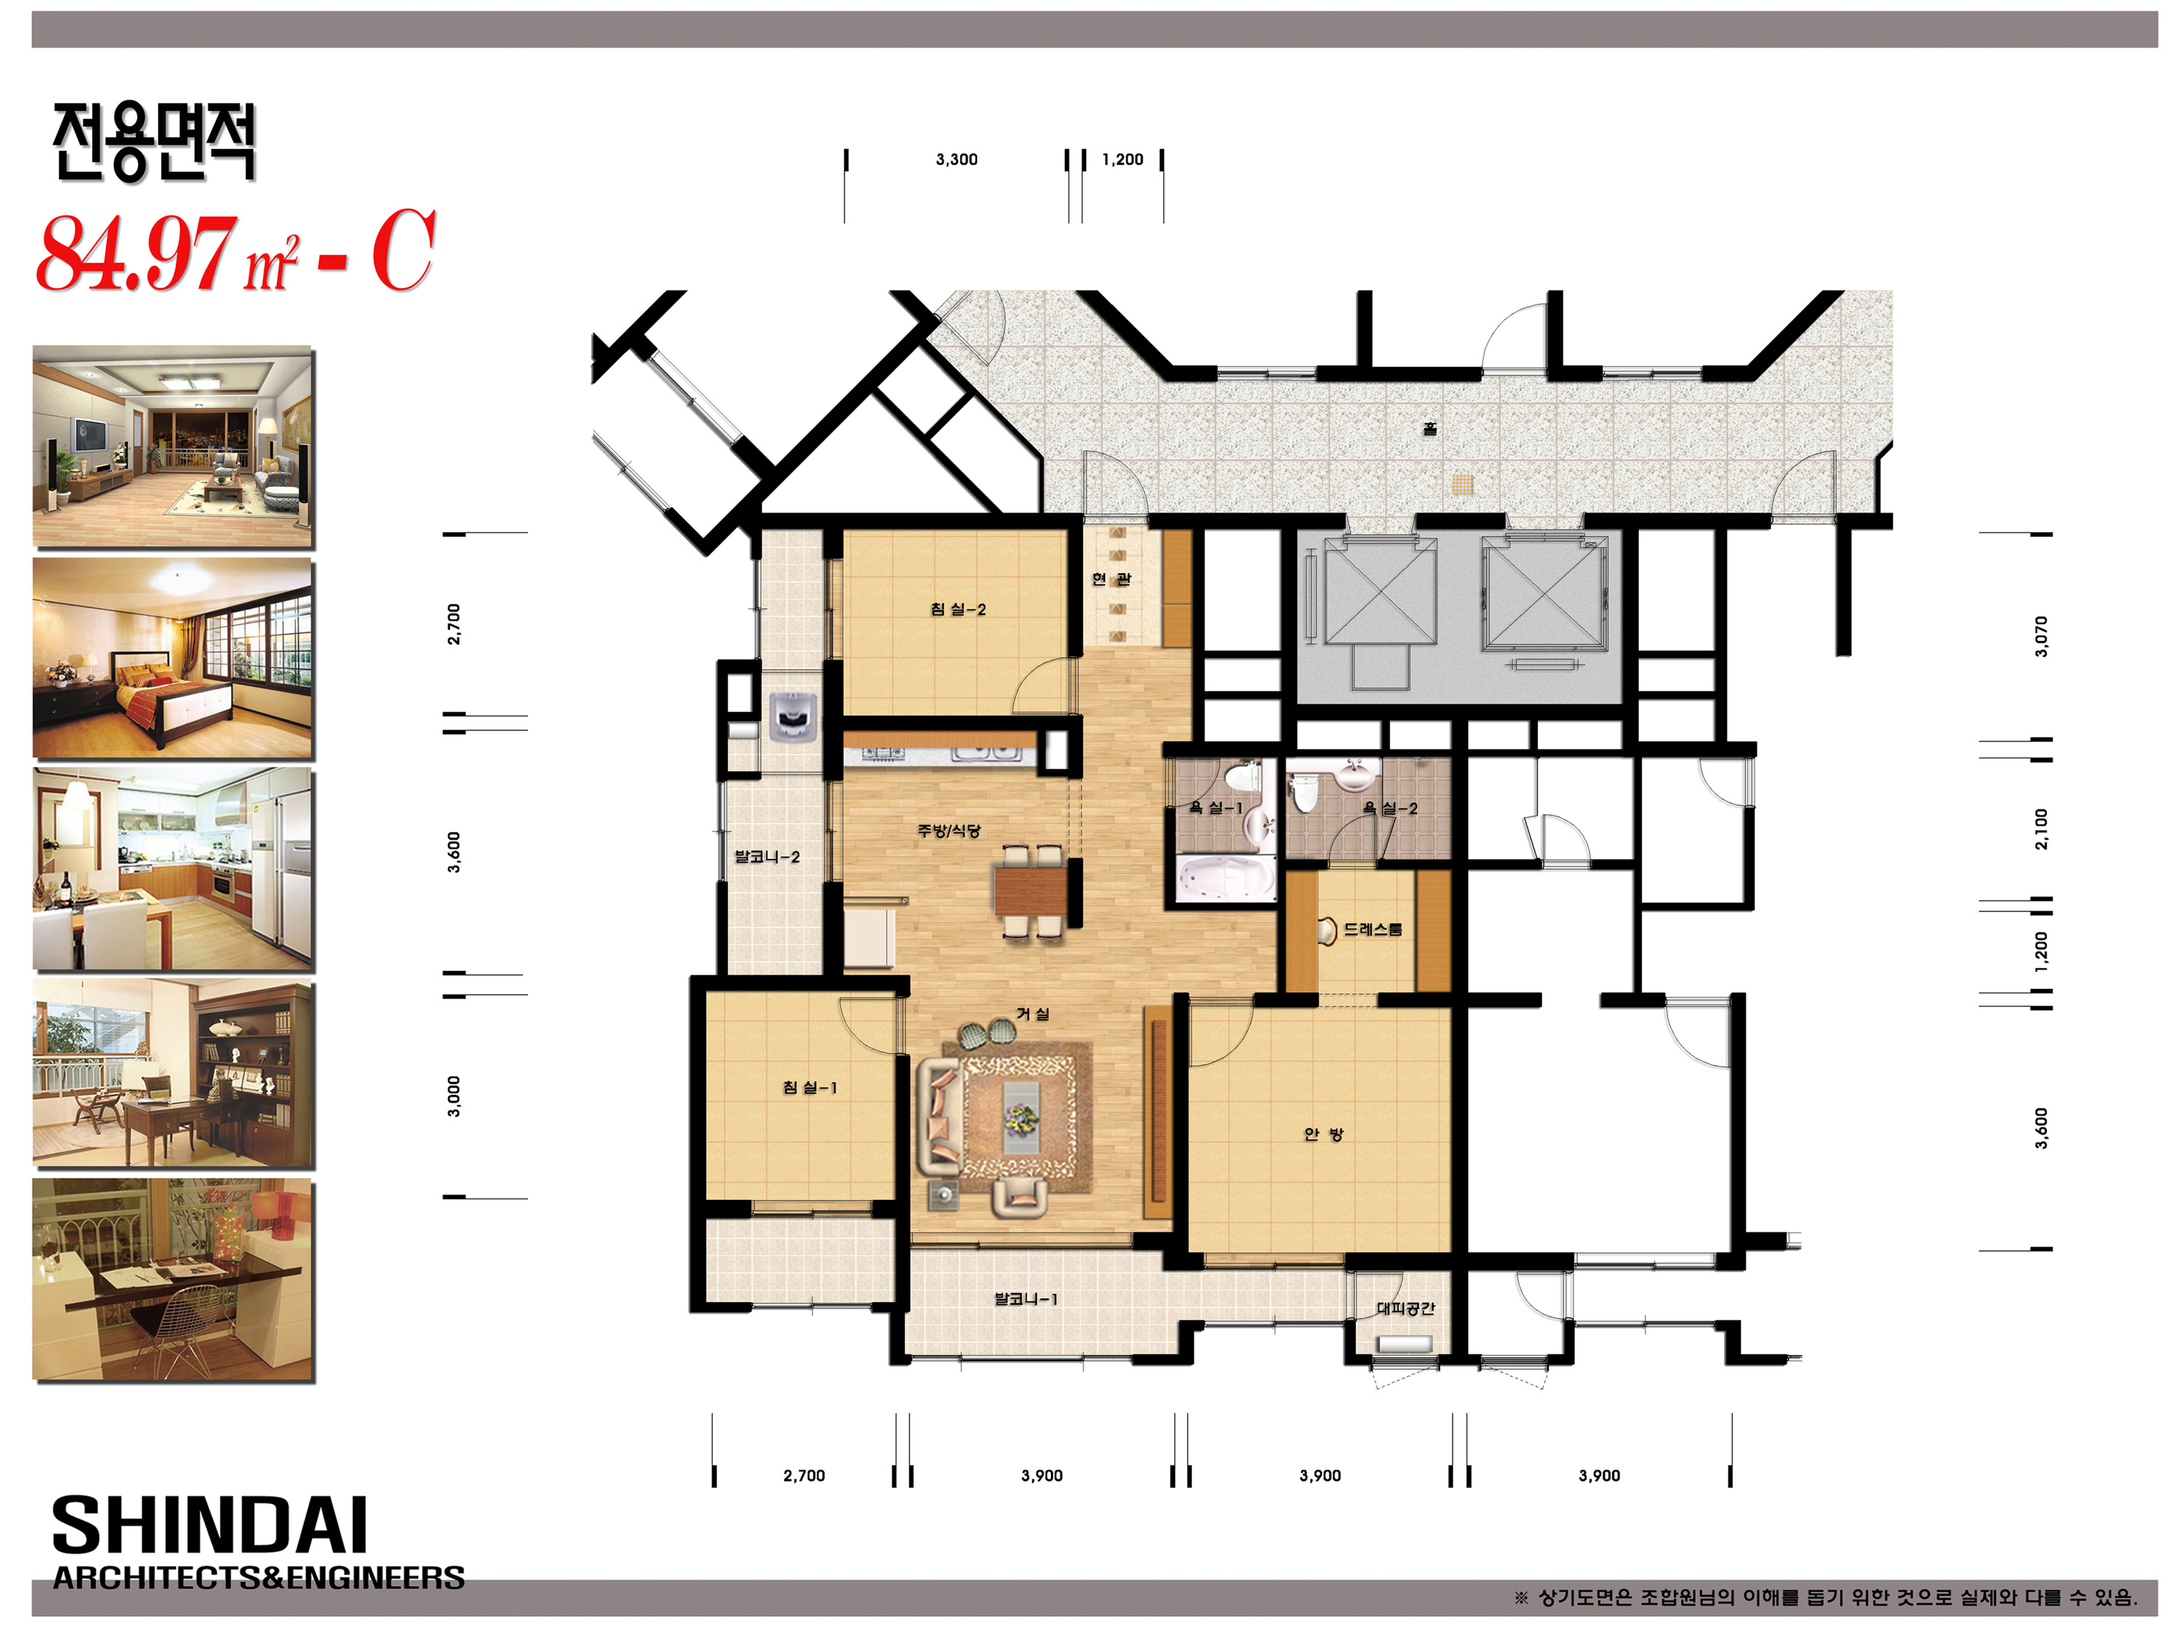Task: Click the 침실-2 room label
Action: pos(957,609)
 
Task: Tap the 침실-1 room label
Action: pos(809,1088)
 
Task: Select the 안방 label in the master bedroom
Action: pos(1324,1134)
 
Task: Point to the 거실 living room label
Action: pos(1033,1014)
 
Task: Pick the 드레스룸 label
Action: pos(1372,929)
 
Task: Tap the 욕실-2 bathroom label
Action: pos(1389,809)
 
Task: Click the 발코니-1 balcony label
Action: pos(1025,1299)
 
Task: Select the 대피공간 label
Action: pos(1405,1309)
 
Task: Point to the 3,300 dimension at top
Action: pos(956,160)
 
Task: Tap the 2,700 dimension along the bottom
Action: pos(804,1476)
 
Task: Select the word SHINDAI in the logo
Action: pos(209,1526)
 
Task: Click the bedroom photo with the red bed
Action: pos(174,659)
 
